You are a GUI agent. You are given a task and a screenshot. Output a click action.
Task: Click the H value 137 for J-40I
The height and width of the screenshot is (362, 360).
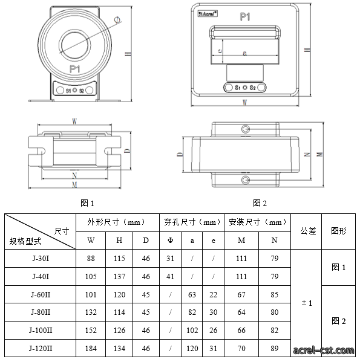click(x=119, y=277)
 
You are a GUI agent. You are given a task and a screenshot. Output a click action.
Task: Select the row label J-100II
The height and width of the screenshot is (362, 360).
click(x=41, y=331)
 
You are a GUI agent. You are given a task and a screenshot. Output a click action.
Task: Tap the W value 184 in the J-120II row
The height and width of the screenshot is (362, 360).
click(x=91, y=348)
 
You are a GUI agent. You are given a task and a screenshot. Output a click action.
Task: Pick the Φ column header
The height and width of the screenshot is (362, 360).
click(x=170, y=241)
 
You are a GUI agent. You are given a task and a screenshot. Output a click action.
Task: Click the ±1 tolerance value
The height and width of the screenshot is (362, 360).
click(x=307, y=303)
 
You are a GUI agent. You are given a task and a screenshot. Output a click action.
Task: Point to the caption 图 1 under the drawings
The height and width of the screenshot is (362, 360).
click(x=87, y=203)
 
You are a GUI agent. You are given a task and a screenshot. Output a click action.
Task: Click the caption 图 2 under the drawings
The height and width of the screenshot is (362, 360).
click(x=260, y=203)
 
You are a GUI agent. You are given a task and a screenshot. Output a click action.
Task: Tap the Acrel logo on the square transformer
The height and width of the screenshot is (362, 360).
click(x=208, y=14)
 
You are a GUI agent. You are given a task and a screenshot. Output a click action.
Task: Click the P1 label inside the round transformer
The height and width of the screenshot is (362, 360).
click(x=75, y=69)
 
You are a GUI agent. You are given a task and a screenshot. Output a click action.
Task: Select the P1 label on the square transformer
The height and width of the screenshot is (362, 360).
click(x=245, y=17)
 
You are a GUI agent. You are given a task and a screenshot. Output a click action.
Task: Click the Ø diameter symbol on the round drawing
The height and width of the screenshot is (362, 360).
click(x=117, y=20)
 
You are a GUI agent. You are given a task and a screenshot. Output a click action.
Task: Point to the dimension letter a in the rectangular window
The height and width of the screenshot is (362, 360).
click(x=244, y=53)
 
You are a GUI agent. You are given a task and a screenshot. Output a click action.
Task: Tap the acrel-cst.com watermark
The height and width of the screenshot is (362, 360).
click(x=324, y=351)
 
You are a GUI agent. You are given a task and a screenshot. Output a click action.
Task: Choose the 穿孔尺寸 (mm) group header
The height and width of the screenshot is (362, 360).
click(x=192, y=222)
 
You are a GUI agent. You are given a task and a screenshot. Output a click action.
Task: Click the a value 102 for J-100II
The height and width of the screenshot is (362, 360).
click(x=192, y=331)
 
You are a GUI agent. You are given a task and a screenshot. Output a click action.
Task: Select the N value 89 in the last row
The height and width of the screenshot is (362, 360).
click(x=274, y=348)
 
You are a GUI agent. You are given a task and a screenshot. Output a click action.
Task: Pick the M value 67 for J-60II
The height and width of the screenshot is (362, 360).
click(x=241, y=294)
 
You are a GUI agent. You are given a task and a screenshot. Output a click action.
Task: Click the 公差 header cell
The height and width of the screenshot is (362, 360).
click(x=308, y=231)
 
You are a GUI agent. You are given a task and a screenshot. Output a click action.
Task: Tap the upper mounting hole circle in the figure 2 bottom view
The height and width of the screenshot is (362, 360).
click(x=246, y=129)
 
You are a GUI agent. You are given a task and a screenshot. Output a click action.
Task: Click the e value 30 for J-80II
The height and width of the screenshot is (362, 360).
click(x=213, y=312)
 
